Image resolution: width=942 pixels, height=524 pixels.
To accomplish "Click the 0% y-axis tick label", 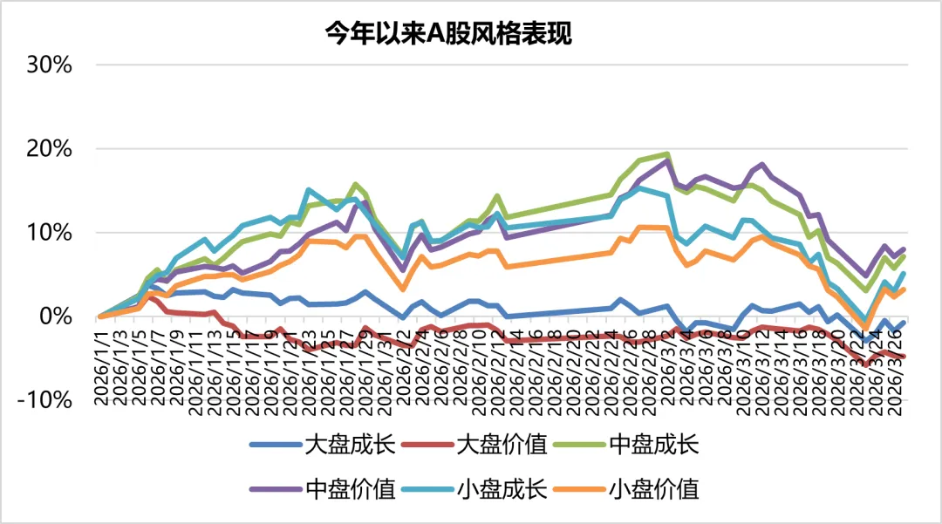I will point(55,316).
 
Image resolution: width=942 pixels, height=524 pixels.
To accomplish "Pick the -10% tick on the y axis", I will point(45,400).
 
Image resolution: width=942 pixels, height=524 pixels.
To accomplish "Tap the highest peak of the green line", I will point(667,154).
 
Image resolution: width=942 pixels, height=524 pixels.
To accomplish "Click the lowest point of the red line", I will point(866,364).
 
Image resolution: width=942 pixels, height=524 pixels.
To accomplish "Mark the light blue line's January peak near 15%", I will point(309,189).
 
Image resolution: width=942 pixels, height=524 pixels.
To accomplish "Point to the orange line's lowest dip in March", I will point(866,328).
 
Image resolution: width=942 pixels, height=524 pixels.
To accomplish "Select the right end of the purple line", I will point(903,249).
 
